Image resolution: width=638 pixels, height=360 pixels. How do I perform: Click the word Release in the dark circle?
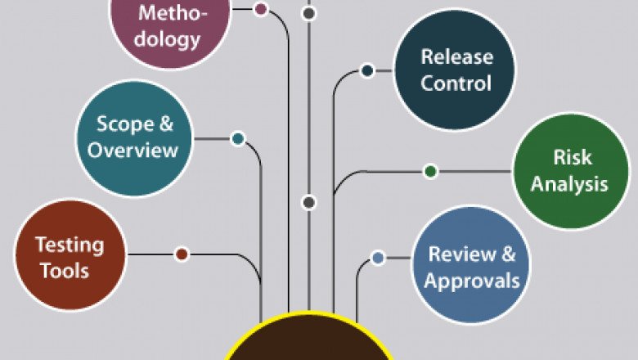click(456, 57)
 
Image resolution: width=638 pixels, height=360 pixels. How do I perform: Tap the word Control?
click(456, 83)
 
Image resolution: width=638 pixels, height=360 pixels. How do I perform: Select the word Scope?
click(124, 124)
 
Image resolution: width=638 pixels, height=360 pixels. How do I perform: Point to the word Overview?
click(133, 151)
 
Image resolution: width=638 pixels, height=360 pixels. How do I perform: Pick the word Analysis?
click(569, 183)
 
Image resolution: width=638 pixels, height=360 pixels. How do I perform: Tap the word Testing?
click(70, 245)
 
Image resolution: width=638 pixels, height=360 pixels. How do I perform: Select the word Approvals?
click(472, 281)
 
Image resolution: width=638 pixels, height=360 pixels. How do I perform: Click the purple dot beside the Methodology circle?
click(260, 10)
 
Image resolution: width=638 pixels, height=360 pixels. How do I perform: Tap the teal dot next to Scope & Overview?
click(237, 139)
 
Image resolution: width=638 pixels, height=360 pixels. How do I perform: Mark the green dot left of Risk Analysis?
click(430, 171)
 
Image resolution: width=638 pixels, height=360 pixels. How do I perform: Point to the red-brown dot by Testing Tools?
click(182, 254)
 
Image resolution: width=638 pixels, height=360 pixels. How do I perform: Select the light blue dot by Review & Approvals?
click(377, 258)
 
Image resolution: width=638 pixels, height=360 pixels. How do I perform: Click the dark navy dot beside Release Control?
click(367, 71)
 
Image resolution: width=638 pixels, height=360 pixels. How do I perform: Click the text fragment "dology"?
click(168, 39)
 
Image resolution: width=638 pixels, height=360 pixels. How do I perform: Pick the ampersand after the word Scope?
click(165, 124)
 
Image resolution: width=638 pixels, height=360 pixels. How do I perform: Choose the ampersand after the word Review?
click(507, 254)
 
